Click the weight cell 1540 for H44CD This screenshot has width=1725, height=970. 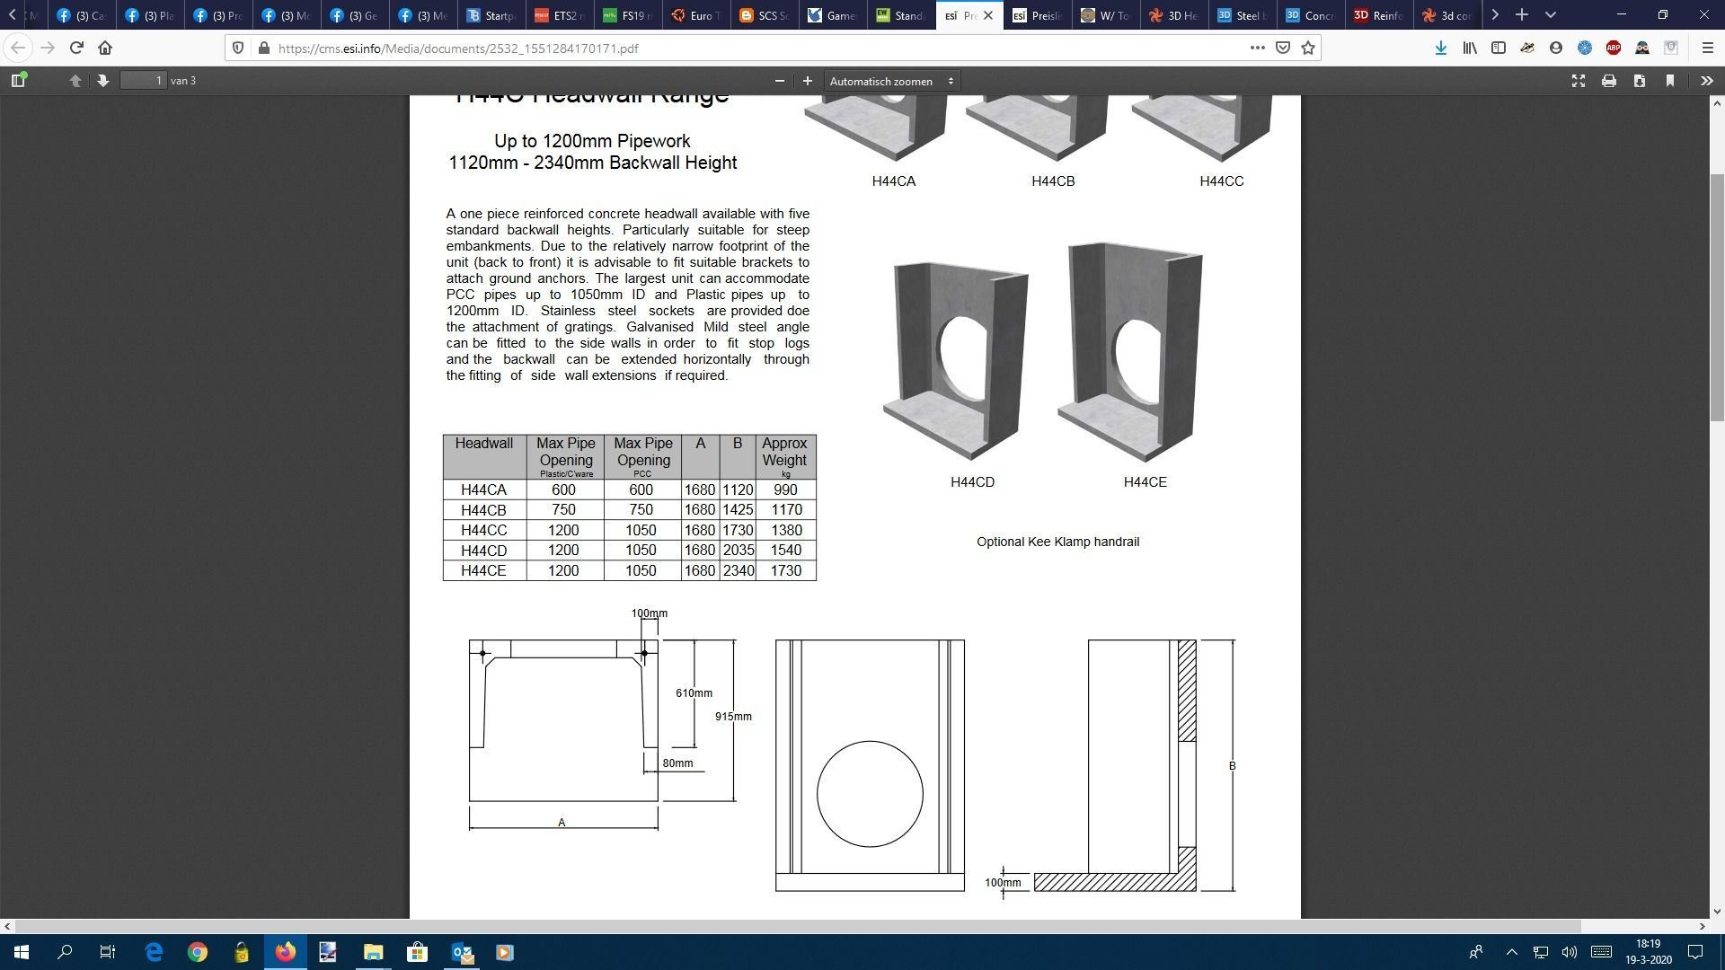[785, 551]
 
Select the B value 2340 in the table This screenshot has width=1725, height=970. [738, 571]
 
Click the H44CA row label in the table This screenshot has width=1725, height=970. [483, 490]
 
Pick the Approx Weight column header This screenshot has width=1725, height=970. [784, 453]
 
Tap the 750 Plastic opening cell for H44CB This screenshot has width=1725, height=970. [563, 510]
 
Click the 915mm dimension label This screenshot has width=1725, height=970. [733, 717]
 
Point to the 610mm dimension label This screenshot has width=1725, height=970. [694, 693]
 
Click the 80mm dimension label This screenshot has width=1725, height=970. [677, 763]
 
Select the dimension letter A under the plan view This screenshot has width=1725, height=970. [562, 823]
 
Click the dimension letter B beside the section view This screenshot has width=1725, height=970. [1232, 766]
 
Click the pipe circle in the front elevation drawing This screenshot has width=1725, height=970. [869, 794]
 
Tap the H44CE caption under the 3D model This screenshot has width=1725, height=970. [1145, 482]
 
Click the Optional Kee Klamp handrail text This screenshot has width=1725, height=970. [1057, 542]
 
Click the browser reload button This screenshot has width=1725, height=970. [76, 48]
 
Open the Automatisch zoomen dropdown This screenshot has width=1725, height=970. [890, 82]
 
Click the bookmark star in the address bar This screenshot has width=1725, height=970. [1308, 48]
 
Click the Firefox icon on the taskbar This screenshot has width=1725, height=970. [285, 952]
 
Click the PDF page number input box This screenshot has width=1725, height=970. [144, 81]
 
